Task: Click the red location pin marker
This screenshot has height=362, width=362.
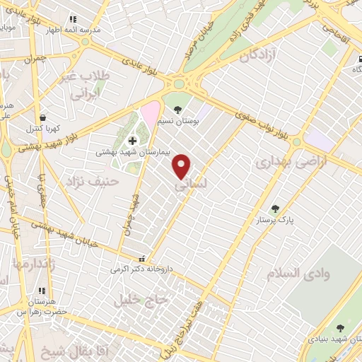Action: coord(182,165)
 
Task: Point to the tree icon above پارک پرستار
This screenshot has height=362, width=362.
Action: coord(275,209)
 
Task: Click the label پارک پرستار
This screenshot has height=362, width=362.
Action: coord(275,220)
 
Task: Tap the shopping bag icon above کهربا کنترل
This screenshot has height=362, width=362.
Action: coord(43,118)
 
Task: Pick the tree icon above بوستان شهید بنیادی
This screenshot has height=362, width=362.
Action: coord(340,327)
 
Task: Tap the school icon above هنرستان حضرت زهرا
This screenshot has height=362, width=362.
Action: coord(42,291)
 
